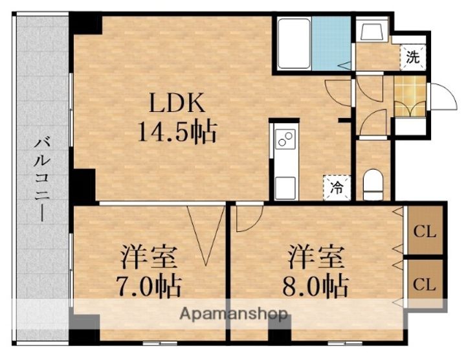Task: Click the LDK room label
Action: pos(177,103)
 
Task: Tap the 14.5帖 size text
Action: pos(177,132)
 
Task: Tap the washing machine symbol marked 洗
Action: pos(413,57)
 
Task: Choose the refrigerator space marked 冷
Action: pos(337,188)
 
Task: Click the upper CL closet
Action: pos(425,230)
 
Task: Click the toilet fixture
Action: pos(373,185)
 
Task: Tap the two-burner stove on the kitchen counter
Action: pos(285,139)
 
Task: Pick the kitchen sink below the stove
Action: pos(285,188)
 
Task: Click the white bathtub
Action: pos(294,43)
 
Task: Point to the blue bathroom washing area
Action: pos(331,43)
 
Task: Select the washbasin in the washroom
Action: pos(372,29)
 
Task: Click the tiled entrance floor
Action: pos(410,96)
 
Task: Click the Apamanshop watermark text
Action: pos(234,314)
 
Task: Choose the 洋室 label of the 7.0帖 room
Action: pos(148,256)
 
